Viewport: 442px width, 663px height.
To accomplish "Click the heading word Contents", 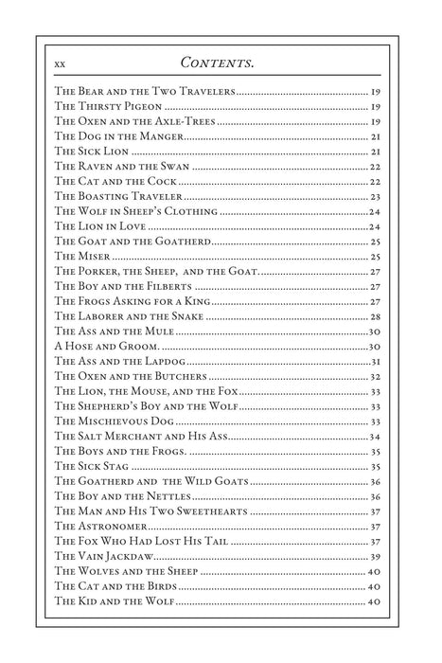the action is [x=221, y=63].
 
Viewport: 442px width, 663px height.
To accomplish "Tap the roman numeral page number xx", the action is [x=61, y=63].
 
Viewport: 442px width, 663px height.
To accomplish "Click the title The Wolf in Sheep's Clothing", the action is [x=136, y=211].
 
